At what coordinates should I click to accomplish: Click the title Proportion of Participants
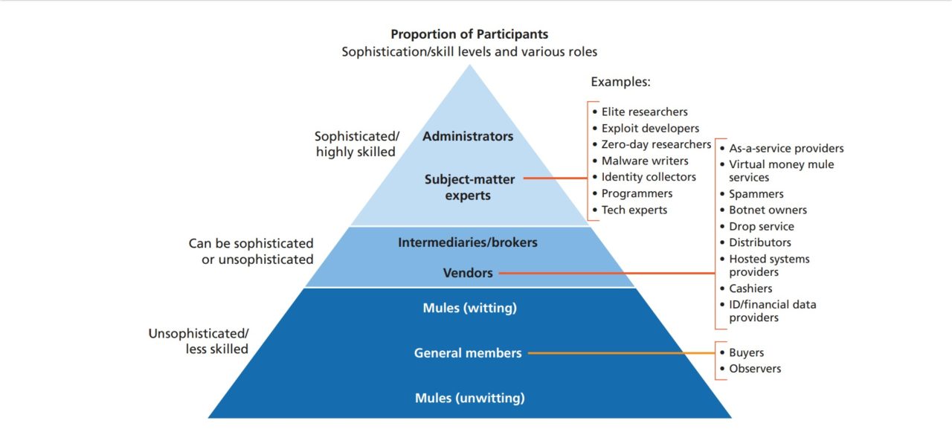coord(469,34)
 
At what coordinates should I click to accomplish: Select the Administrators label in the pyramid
coord(468,137)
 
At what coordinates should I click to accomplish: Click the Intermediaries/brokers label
coord(468,242)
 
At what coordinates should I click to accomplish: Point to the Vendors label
coord(468,273)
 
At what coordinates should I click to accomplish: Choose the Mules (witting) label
coord(469,308)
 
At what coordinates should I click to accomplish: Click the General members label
coord(468,353)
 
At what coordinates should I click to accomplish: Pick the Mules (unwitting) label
coord(469,398)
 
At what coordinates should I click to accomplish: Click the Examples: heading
coord(620,82)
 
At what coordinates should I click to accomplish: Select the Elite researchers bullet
coord(644,112)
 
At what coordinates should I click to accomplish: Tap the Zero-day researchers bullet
coord(656,144)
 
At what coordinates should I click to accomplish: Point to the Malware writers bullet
coord(645,161)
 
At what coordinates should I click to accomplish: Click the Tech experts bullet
coord(634,210)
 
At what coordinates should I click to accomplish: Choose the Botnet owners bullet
coord(768,210)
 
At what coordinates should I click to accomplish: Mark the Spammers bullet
coord(756,193)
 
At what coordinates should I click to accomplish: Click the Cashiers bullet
coord(750,289)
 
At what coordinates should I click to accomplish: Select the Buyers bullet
coord(746,352)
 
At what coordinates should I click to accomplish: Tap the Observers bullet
coord(755,369)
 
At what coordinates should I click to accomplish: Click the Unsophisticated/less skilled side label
coord(199,341)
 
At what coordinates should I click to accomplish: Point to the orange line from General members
coord(621,353)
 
